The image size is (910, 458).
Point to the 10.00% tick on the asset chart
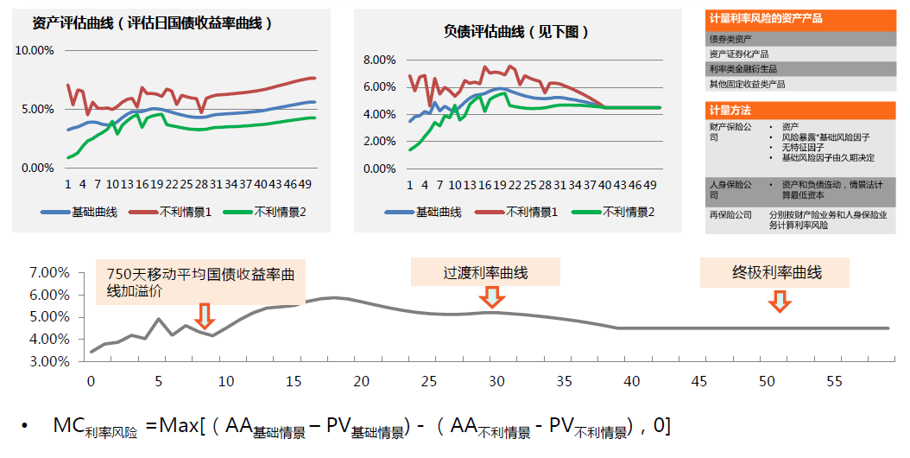(35, 50)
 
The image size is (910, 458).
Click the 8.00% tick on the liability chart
(379, 60)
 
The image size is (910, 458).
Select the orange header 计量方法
(730, 111)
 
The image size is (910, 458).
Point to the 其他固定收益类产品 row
(747, 85)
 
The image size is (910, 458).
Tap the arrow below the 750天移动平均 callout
(205, 315)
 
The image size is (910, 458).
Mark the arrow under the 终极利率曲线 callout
(780, 300)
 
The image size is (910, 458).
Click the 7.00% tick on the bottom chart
(49, 272)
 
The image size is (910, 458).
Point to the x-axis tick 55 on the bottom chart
(835, 380)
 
